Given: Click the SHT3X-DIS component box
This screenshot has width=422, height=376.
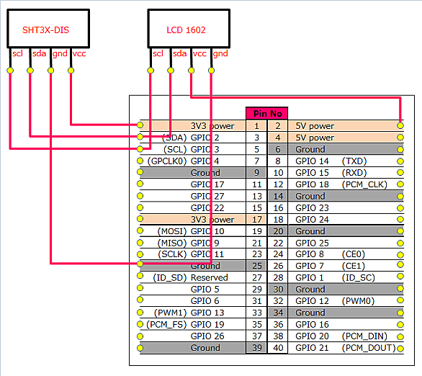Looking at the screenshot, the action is point(48,29).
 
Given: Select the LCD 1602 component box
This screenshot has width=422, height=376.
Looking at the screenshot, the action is point(189,29).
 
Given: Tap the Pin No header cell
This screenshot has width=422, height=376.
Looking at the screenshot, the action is point(267,113).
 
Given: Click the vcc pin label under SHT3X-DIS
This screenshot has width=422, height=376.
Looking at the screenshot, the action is point(79,53).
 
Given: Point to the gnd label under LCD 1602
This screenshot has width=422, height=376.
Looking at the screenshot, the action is point(220,53).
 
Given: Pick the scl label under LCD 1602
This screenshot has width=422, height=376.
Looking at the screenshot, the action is point(158,53).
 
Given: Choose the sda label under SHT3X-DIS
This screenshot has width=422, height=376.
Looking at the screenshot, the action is point(40,53).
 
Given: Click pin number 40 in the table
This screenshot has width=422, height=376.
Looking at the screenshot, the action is point(278,348).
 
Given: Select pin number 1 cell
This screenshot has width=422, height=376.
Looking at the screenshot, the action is point(256,125).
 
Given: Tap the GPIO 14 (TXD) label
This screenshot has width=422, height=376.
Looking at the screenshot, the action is point(331,161).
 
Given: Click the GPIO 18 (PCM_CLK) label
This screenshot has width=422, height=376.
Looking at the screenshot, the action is point(341,184).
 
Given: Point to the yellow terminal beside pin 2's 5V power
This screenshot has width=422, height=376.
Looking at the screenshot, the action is point(400,125).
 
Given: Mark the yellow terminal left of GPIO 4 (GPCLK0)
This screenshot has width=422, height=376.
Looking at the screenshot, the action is point(140,161).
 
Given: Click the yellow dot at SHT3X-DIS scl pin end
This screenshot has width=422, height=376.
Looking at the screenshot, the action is point(10,71).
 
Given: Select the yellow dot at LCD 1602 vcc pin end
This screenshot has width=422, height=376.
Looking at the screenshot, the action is point(191,71).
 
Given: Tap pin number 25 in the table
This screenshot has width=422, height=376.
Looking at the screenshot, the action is point(257,266).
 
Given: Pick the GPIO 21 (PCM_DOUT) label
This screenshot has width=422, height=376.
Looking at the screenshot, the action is point(346,348).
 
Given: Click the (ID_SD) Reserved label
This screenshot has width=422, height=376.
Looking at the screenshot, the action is point(190,277).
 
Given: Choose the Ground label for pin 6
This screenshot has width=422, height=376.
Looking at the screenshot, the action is point(310,149).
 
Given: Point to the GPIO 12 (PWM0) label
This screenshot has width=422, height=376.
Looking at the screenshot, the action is point(335,301).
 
